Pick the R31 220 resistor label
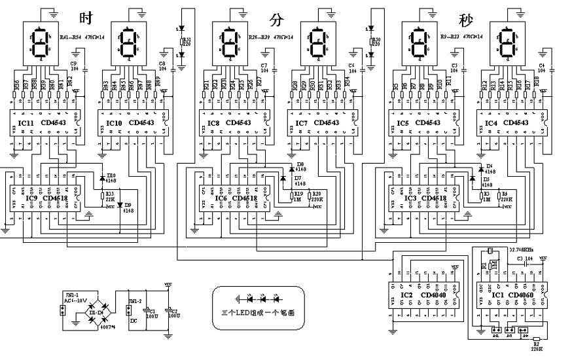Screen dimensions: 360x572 pyautogui.click(x=188, y=42)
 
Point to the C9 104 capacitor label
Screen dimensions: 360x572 pyautogui.click(x=73, y=65)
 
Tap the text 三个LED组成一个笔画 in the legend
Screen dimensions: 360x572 pyautogui.click(x=257, y=313)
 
